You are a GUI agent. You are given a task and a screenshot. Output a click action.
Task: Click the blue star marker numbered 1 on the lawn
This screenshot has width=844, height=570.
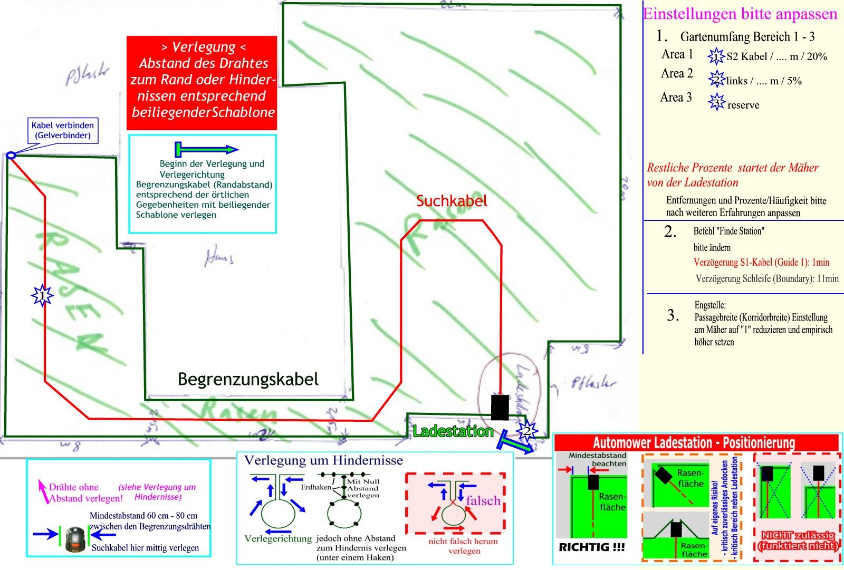tap(42, 295)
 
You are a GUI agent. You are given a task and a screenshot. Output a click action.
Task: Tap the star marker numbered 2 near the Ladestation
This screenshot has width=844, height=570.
tap(527, 432)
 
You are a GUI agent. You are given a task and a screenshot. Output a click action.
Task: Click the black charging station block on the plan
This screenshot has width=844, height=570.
tap(500, 407)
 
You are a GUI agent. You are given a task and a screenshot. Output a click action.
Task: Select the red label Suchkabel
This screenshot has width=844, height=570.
tap(452, 201)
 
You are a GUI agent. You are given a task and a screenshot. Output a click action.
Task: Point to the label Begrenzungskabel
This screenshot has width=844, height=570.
tap(248, 379)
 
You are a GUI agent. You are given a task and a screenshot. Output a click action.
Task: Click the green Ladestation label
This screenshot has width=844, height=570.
tap(453, 431)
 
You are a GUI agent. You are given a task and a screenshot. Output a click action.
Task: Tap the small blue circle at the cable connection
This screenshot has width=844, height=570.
tap(11, 155)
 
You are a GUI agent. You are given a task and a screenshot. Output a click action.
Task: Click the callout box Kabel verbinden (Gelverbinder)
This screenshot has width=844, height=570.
tap(63, 130)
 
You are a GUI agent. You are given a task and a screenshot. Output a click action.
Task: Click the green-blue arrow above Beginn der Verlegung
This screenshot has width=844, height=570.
tap(206, 149)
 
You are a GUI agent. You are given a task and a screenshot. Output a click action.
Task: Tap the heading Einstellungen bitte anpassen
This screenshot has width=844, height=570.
tap(740, 14)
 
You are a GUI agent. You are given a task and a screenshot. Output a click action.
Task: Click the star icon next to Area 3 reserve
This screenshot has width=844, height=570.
tap(717, 101)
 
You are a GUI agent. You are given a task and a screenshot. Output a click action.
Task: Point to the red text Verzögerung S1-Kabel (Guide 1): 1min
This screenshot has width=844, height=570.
tap(761, 262)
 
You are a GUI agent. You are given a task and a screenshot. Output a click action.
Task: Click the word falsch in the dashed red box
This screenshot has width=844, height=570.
tap(483, 500)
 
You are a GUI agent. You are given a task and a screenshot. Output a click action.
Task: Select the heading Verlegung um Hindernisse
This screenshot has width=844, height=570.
tap(323, 460)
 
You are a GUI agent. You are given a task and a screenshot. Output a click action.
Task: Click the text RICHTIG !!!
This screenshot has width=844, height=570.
tap(591, 547)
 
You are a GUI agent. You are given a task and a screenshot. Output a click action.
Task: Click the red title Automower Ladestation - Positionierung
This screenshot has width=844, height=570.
tap(694, 442)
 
